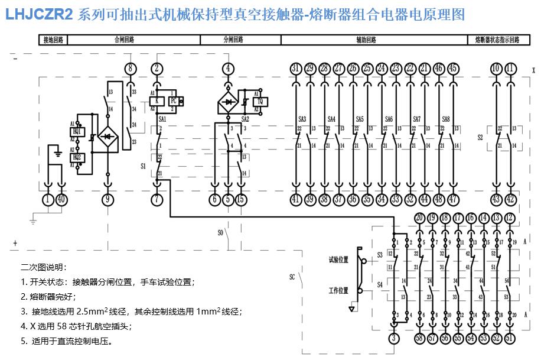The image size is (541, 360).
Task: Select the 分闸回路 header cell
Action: [x=233, y=40]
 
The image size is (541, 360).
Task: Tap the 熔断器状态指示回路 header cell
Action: [x=497, y=40]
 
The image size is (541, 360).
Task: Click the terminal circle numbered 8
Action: [x=131, y=69]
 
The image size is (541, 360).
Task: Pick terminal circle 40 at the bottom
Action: [x=62, y=200]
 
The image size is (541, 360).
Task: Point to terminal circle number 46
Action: [x=438, y=69]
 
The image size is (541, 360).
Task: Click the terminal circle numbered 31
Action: [x=296, y=69]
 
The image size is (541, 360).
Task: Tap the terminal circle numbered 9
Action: [x=107, y=200]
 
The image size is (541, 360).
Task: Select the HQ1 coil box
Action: [x=77, y=132]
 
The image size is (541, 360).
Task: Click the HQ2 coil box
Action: [x=77, y=157]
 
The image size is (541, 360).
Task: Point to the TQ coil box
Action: [x=260, y=102]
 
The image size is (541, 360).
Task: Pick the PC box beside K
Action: [x=173, y=100]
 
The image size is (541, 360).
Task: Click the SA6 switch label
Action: [x=389, y=119]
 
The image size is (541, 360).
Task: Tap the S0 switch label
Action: [x=220, y=233]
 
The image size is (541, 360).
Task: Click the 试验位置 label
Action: [x=338, y=260]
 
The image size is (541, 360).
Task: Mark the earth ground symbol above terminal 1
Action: [x=57, y=153]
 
